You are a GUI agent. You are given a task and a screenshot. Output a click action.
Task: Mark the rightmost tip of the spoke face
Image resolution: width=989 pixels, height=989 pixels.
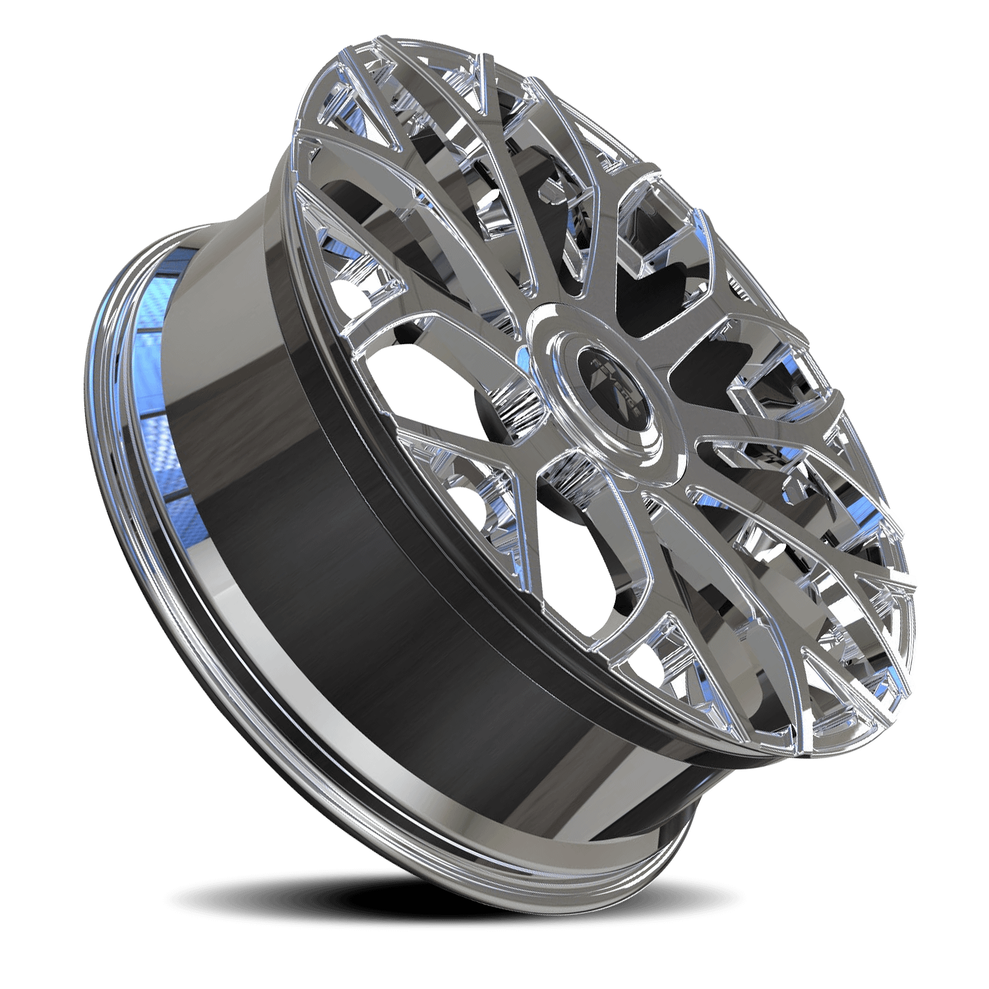pyautogui.click(x=916, y=580)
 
